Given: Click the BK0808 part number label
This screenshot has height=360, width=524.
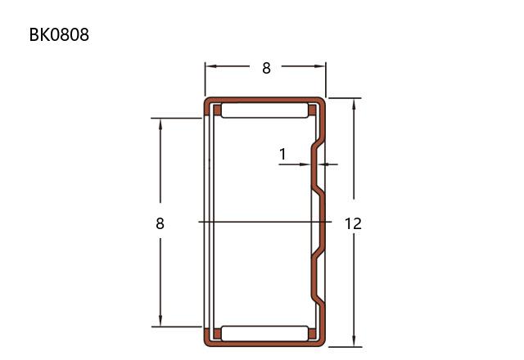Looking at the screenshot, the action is pyautogui.click(x=59, y=34).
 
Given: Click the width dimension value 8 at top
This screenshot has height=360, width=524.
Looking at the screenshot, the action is pyautogui.click(x=266, y=68).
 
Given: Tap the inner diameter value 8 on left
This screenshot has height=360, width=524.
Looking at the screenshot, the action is pyautogui.click(x=160, y=223).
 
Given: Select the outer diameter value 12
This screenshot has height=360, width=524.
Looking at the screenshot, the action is pyautogui.click(x=353, y=223).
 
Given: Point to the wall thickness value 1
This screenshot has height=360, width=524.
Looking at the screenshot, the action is pyautogui.click(x=282, y=155).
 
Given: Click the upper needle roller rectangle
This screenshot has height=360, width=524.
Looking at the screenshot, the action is pyautogui.click(x=264, y=110).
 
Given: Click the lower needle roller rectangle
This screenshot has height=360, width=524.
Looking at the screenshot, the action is pyautogui.click(x=264, y=334).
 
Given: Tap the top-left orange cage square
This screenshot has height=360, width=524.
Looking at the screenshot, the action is pyautogui.click(x=217, y=110).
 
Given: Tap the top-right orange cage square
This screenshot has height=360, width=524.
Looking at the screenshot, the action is pyautogui.click(x=312, y=110).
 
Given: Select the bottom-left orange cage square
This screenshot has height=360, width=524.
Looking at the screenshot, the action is pyautogui.click(x=217, y=334).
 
